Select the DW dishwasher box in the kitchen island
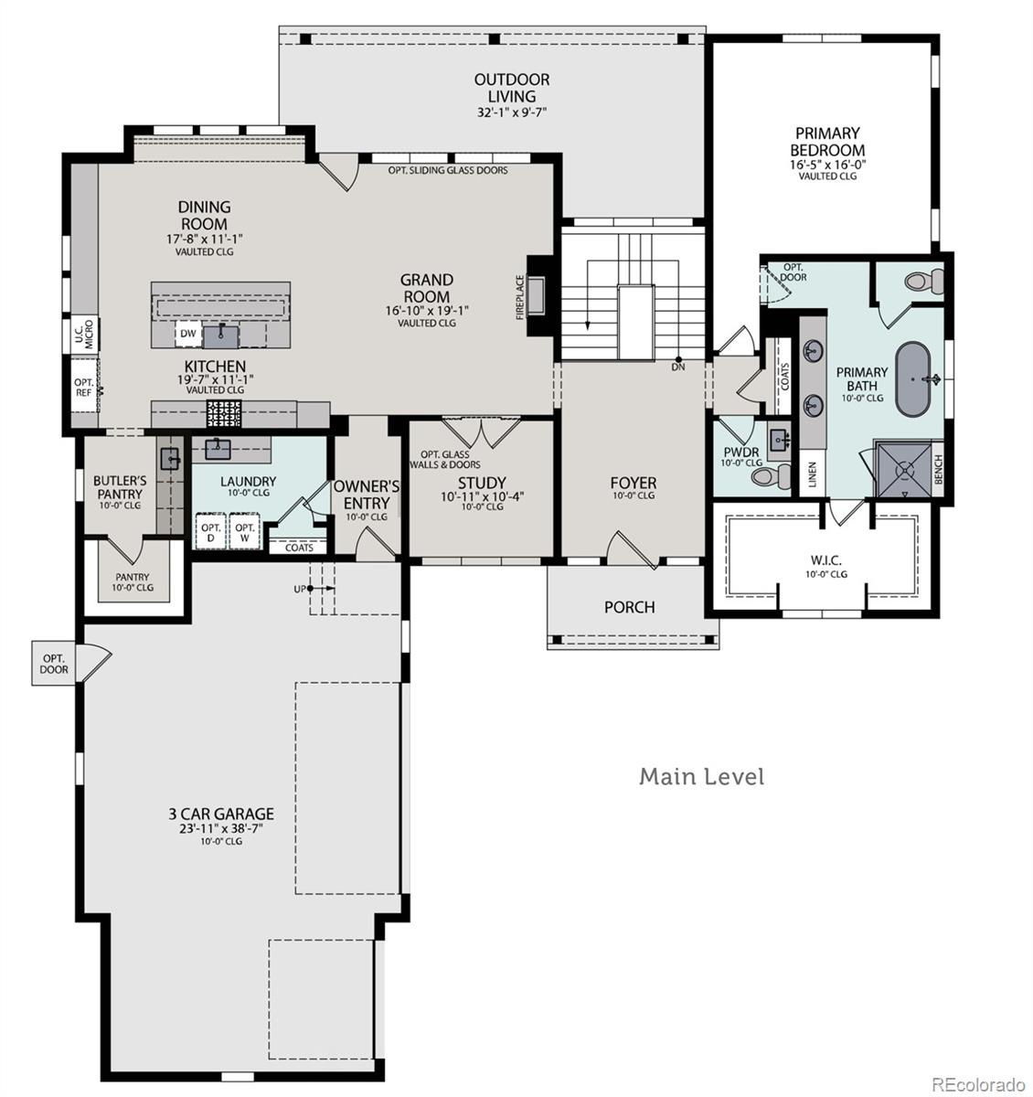187,335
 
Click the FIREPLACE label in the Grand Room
521,297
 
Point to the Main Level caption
701,777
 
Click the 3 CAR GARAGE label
220,814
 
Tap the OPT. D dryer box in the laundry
211,533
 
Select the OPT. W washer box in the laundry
244,533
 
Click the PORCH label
629,607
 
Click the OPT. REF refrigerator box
84,388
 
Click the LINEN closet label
812,476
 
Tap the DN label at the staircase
678,367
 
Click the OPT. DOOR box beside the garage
54,664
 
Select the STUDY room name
482,484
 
